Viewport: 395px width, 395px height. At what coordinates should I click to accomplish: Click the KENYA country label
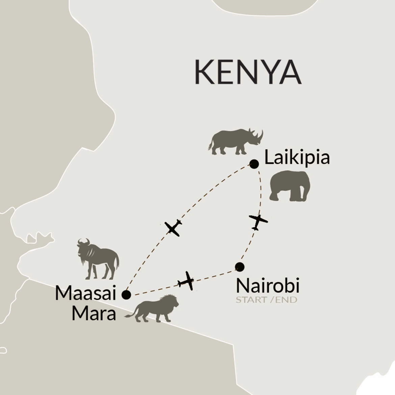point(248,72)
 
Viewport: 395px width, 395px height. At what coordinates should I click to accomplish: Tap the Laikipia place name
point(297,158)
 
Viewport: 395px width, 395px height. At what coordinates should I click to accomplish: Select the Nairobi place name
point(268,286)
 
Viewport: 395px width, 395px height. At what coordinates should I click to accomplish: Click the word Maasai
point(85,293)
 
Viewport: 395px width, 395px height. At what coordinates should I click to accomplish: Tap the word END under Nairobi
point(286,300)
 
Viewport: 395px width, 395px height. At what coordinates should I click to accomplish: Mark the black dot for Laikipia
point(254,164)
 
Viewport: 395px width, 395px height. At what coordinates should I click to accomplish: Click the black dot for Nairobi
point(239,266)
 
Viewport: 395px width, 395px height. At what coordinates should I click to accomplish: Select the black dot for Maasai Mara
point(126,295)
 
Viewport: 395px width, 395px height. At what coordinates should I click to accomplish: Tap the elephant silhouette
point(290,186)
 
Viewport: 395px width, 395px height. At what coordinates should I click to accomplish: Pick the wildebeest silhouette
point(97,258)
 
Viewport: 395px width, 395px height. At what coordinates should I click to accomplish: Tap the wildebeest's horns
point(83,241)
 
